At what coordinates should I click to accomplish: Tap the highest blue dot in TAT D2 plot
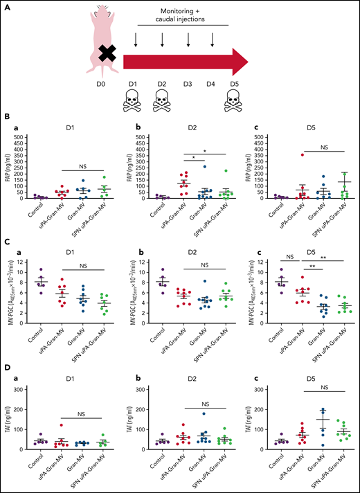[x=185, y=414]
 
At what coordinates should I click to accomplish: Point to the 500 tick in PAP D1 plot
[x=20, y=136]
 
